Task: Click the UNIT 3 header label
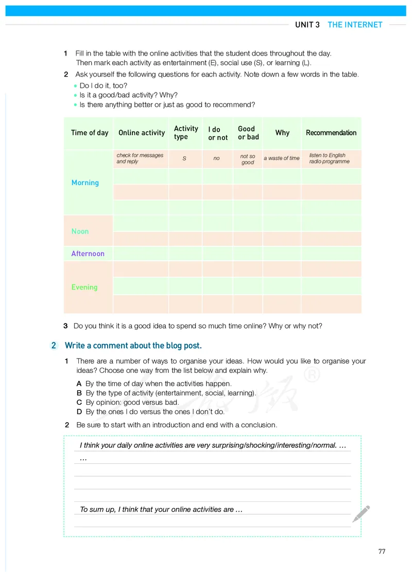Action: [x=307, y=25]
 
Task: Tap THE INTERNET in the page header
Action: [x=355, y=25]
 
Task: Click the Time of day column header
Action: [x=90, y=133]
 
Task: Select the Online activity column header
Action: [x=142, y=133]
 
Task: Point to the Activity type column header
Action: [x=186, y=133]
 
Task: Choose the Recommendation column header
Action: [x=331, y=133]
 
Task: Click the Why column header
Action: [x=282, y=133]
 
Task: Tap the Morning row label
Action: [x=85, y=183]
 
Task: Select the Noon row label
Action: [x=80, y=231]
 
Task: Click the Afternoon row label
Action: [x=88, y=254]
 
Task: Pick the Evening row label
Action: [x=84, y=287]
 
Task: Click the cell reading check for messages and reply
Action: [x=140, y=158]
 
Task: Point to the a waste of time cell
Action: [x=281, y=158]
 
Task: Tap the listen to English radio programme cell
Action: [x=330, y=158]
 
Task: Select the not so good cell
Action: [x=248, y=159]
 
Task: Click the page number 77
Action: [x=382, y=552]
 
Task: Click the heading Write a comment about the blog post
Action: [x=133, y=346]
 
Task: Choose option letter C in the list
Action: [x=79, y=402]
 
